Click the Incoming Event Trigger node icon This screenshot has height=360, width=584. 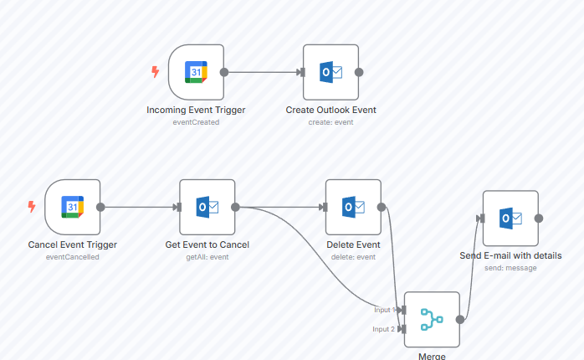[196, 72]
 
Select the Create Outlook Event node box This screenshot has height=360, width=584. [330, 72]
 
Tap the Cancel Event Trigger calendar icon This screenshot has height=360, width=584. [73, 207]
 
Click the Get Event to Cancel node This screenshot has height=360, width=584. [207, 207]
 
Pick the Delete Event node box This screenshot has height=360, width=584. [353, 207]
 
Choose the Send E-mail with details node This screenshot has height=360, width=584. [510, 219]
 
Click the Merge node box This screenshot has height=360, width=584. [432, 319]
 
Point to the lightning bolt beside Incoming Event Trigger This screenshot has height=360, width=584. [155, 72]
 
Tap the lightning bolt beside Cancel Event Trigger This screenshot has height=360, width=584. [32, 207]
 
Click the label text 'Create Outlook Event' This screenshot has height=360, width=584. [330, 110]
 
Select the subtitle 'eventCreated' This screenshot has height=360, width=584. [196, 122]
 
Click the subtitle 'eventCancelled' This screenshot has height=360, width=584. [72, 257]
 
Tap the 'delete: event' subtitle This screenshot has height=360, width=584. [353, 257]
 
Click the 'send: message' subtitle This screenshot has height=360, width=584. [510, 268]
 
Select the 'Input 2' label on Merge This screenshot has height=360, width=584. [384, 329]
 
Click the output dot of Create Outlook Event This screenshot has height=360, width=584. [359, 72]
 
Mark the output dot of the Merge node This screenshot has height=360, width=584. [460, 319]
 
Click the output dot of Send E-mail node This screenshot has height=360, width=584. [539, 219]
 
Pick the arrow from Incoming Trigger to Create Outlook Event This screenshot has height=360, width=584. [264, 72]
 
